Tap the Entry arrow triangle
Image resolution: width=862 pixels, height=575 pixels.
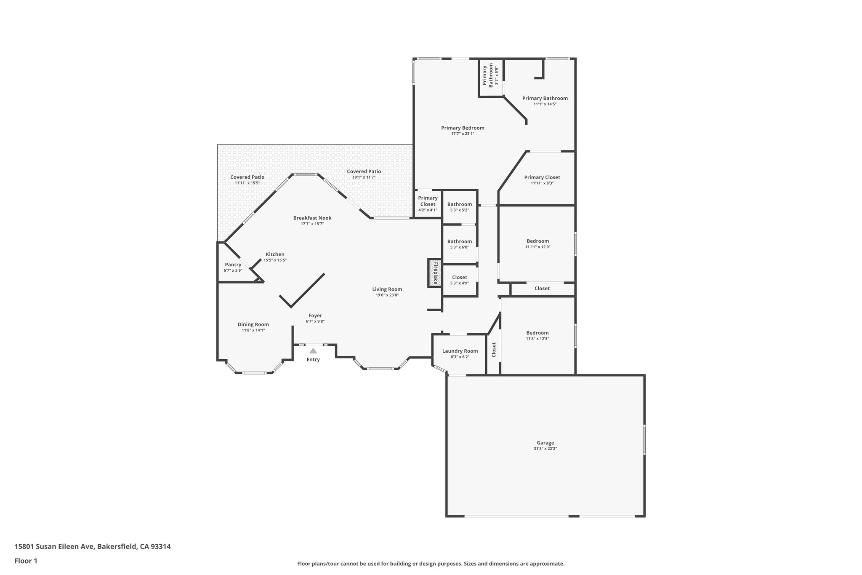[313, 350]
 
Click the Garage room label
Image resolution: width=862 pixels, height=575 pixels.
[545, 443]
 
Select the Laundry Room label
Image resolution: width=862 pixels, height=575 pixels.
[460, 351]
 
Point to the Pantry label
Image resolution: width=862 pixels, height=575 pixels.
[233, 265]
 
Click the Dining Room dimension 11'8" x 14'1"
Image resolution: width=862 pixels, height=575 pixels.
[253, 330]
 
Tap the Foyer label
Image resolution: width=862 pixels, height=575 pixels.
[315, 316]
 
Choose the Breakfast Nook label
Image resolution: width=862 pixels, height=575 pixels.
[312, 218]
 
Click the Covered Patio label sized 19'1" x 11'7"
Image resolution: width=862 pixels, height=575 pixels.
[364, 171]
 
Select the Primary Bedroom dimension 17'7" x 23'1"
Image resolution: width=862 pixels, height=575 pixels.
[463, 134]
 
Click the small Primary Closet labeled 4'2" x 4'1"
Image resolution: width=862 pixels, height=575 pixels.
[428, 204]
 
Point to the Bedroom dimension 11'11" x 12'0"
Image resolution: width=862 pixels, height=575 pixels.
[537, 247]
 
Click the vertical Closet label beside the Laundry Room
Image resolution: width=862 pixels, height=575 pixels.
[494, 350]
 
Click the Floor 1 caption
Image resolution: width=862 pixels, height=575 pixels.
[26, 561]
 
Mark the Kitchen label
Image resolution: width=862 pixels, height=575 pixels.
[275, 254]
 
